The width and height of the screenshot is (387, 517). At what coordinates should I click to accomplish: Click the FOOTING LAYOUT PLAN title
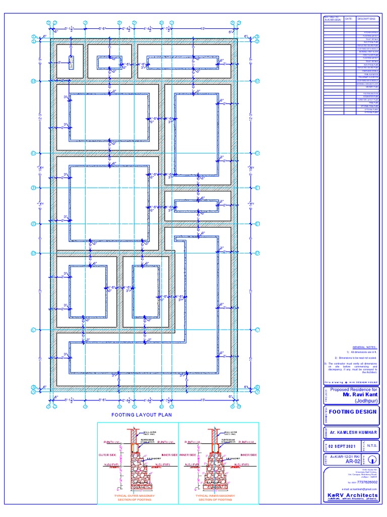(x=142, y=415)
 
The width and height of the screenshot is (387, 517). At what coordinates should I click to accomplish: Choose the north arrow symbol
(x=371, y=459)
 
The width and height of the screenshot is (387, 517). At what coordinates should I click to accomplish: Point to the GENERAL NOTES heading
(x=365, y=347)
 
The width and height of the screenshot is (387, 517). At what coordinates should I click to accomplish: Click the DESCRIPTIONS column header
(x=367, y=19)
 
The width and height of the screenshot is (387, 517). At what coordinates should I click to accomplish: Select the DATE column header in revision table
(x=350, y=19)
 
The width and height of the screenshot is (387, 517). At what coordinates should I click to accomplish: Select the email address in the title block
(x=359, y=489)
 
